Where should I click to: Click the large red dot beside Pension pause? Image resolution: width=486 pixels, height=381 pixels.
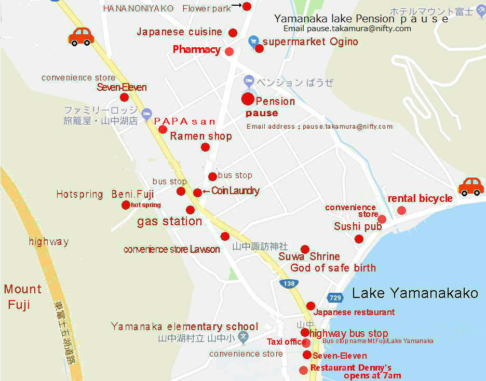tap(248, 99)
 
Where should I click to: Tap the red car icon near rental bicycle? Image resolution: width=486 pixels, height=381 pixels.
tap(471, 186)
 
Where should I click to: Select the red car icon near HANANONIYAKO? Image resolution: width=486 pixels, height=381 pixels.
tap(81, 36)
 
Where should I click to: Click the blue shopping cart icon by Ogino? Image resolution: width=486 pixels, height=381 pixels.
tap(253, 40)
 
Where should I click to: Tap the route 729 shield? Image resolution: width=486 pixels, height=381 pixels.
tap(335, 297)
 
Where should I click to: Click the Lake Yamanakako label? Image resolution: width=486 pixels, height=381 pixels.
tap(415, 293)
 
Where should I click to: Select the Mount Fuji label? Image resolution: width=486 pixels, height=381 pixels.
tap(23, 296)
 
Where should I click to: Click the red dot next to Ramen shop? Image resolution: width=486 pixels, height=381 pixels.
tap(205, 147)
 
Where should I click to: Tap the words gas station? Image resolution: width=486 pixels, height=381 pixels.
tap(169, 222)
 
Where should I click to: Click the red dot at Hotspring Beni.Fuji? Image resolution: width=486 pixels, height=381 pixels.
tap(126, 205)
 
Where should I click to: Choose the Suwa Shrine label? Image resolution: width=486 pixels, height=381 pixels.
tap(309, 256)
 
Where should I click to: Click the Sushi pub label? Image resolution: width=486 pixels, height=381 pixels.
tap(358, 226)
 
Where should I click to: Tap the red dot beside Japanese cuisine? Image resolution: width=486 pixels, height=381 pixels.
tap(233, 33)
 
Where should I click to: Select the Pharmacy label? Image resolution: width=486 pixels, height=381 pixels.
tap(196, 50)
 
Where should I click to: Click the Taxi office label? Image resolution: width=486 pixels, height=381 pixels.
tap(286, 342)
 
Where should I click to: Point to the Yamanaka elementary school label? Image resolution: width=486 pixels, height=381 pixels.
tap(184, 326)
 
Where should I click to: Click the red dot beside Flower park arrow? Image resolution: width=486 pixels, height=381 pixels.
tap(247, 6)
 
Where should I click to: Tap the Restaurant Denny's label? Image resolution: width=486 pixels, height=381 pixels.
tap(350, 368)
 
